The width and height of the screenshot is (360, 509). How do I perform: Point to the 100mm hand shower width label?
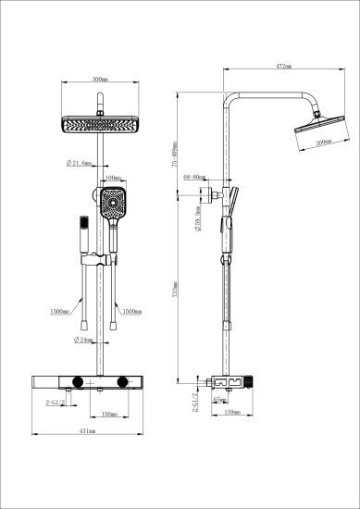tap(114, 178)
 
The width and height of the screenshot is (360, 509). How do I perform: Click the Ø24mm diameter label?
tap(82, 340)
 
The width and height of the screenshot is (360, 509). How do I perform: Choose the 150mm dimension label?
tap(107, 414)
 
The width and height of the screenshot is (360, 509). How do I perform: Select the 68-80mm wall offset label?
tap(193, 175)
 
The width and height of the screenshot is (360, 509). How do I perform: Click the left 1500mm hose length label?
tap(58, 312)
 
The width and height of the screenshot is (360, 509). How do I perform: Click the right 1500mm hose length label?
tap(132, 312)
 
